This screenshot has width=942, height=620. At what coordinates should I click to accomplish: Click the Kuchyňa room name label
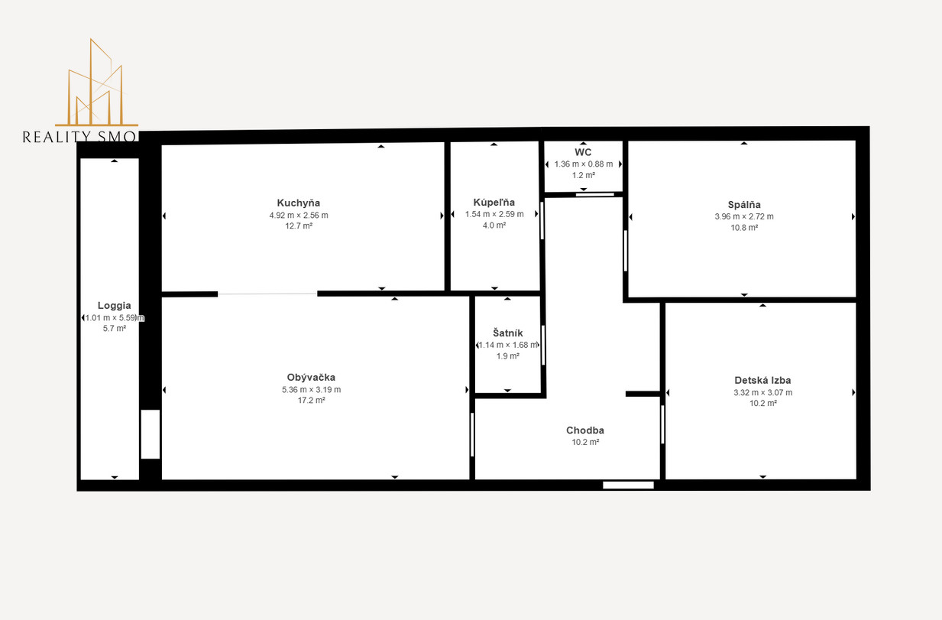(299, 203)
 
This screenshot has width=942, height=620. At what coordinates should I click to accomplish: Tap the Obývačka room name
(311, 378)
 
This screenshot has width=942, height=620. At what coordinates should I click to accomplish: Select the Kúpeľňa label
(494, 203)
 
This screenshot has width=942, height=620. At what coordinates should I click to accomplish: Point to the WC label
(583, 152)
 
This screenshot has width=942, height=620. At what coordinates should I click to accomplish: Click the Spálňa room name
(744, 205)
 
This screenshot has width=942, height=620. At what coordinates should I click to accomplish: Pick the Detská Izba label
(763, 381)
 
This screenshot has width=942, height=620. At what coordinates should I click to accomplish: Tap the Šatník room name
(508, 333)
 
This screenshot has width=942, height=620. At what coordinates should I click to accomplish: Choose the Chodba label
(585, 430)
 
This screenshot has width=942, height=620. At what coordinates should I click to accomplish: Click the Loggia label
(115, 306)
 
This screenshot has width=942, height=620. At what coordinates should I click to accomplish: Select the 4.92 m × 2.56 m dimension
(299, 216)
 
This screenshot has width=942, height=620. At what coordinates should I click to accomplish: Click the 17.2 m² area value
(311, 401)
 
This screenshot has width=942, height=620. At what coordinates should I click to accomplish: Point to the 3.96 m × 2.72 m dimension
(744, 217)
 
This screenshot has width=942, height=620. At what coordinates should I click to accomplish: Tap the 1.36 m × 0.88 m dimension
(583, 164)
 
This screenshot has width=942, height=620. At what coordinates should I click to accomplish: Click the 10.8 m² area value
(744, 228)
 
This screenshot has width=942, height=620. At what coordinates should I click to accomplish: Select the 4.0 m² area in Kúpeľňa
(494, 226)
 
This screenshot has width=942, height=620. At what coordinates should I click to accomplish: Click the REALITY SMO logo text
(80, 137)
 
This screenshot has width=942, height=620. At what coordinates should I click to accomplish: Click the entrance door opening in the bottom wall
(628, 485)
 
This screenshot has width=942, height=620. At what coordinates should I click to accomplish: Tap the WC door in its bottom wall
(594, 194)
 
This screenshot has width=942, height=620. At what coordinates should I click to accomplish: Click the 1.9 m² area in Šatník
(508, 356)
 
